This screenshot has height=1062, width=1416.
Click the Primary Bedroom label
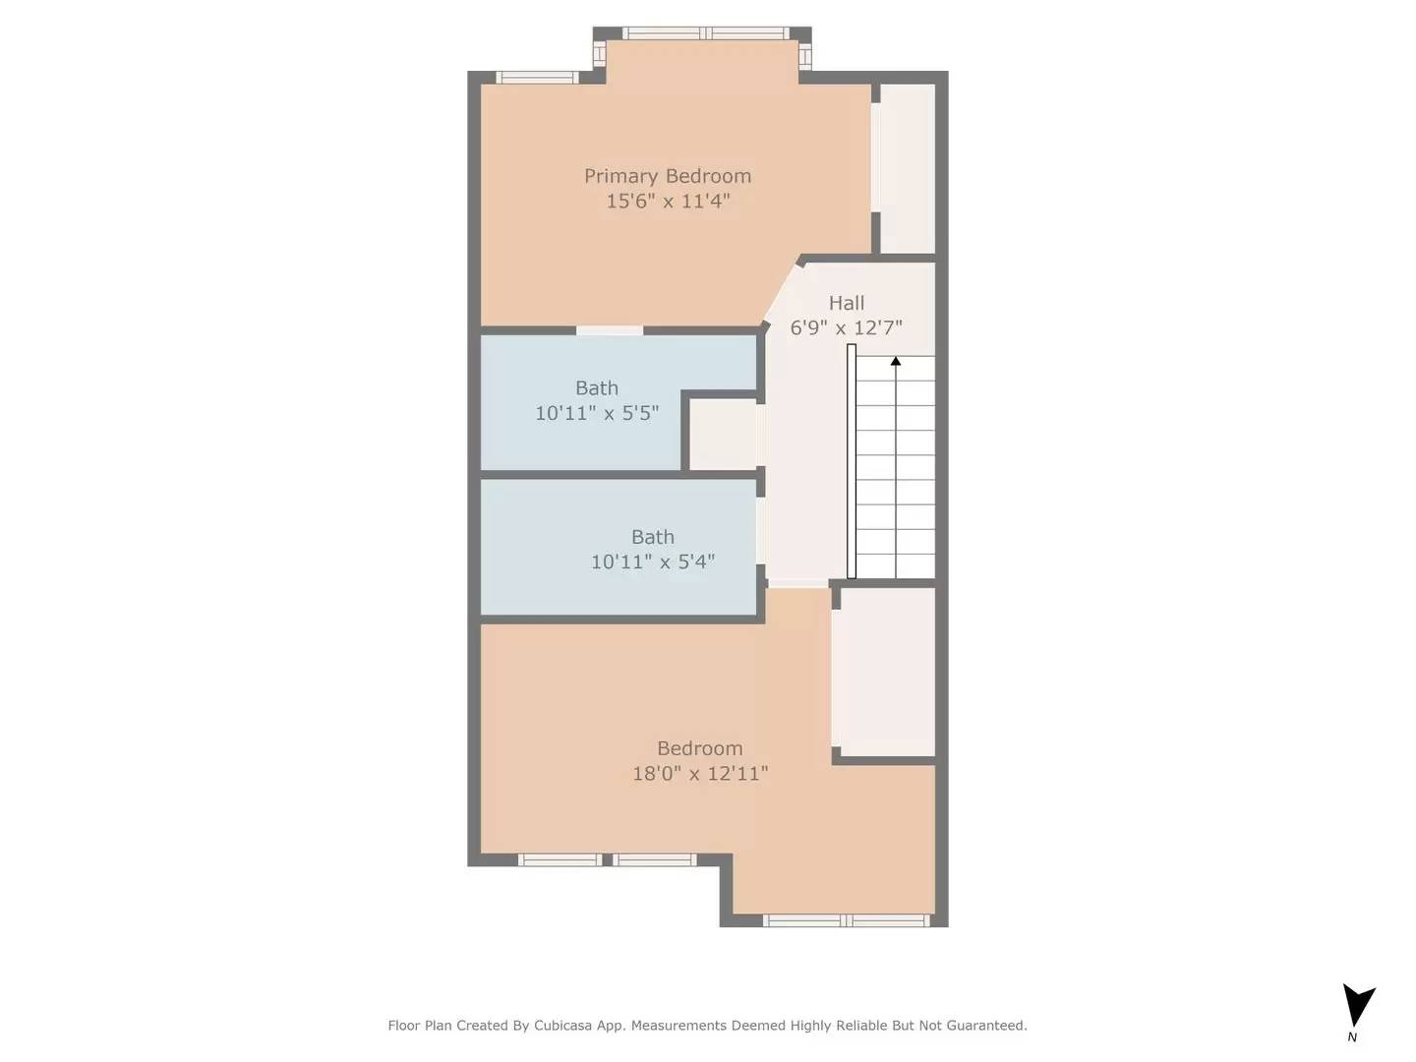pyautogui.click(x=667, y=176)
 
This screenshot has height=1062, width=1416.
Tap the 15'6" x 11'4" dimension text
pyautogui.click(x=667, y=202)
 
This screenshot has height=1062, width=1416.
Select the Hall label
pyautogui.click(x=846, y=303)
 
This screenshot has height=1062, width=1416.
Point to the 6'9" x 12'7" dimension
pyautogui.click(x=846, y=327)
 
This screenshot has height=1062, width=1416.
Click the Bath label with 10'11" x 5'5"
pyautogui.click(x=597, y=388)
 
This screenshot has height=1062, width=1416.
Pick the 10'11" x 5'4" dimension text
pyautogui.click(x=652, y=561)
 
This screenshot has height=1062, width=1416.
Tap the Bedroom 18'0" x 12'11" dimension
pyautogui.click(x=699, y=774)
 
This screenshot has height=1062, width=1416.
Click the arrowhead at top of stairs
pyautogui.click(x=896, y=362)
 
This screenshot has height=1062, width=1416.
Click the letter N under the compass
pyautogui.click(x=1352, y=1036)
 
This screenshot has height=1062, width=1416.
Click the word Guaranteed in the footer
pyautogui.click(x=985, y=1026)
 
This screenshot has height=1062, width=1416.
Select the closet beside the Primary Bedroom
pyautogui.click(x=907, y=168)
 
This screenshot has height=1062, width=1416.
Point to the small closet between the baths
pyautogui.click(x=723, y=434)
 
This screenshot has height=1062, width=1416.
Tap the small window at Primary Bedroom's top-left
pyautogui.click(x=537, y=78)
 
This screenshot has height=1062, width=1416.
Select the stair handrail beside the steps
pyautogui.click(x=852, y=461)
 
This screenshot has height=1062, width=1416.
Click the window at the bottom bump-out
pyautogui.click(x=846, y=921)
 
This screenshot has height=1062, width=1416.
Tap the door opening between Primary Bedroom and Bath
pyautogui.click(x=610, y=330)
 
